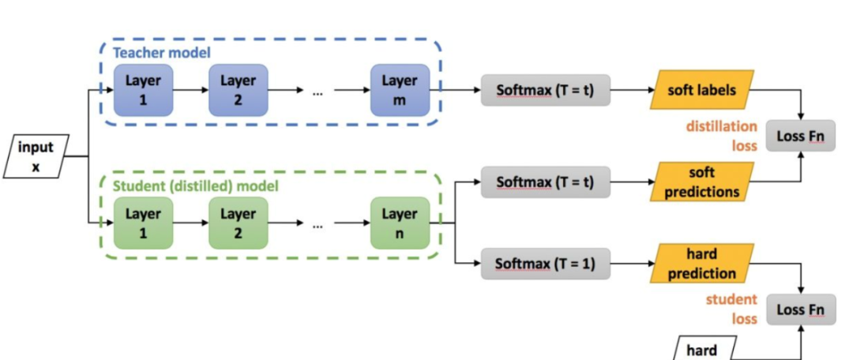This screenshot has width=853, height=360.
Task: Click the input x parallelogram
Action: [36, 156]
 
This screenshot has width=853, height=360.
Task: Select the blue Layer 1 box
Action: [143, 90]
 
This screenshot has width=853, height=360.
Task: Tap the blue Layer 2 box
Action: [239, 90]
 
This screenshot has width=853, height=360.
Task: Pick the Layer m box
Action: [400, 90]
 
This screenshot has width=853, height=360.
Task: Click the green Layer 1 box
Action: [143, 223]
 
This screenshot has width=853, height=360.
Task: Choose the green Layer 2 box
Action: [239, 223]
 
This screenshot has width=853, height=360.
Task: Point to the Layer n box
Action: [400, 223]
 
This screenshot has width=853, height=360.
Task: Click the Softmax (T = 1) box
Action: [545, 264]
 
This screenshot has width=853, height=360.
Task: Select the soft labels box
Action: [702, 90]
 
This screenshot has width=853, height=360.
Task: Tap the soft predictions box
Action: [702, 182]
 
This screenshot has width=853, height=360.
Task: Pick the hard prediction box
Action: [702, 264]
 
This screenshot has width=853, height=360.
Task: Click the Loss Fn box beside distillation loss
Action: [800, 136]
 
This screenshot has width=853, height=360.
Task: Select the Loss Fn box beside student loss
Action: [800, 310]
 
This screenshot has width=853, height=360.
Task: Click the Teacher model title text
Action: [162, 54]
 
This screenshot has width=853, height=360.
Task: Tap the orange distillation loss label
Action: [721, 136]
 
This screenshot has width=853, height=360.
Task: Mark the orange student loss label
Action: [731, 309]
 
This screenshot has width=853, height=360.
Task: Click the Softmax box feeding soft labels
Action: [545, 90]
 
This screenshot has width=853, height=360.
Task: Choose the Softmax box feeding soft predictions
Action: [545, 182]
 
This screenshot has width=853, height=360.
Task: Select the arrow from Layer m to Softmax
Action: [456, 90]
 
